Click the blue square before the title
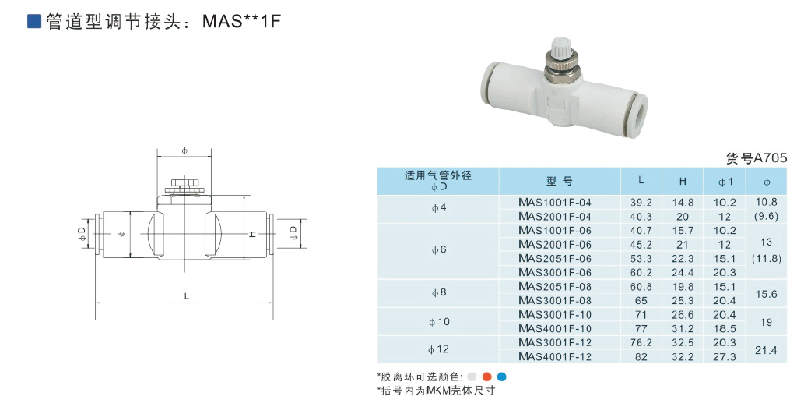pos(34,21)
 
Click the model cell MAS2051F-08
pos(555,286)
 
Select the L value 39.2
pos(641,202)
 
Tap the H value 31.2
pos(682,328)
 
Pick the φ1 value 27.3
pos(724,357)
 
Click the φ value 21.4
pos(767,350)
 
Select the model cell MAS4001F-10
pos(555,328)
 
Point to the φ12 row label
pos(439,350)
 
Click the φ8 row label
pos(439,293)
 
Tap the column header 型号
pos(559,181)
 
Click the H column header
pos(682,181)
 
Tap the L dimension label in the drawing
pos(186,295)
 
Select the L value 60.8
pos(641,286)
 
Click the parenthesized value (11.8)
pos(767,258)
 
